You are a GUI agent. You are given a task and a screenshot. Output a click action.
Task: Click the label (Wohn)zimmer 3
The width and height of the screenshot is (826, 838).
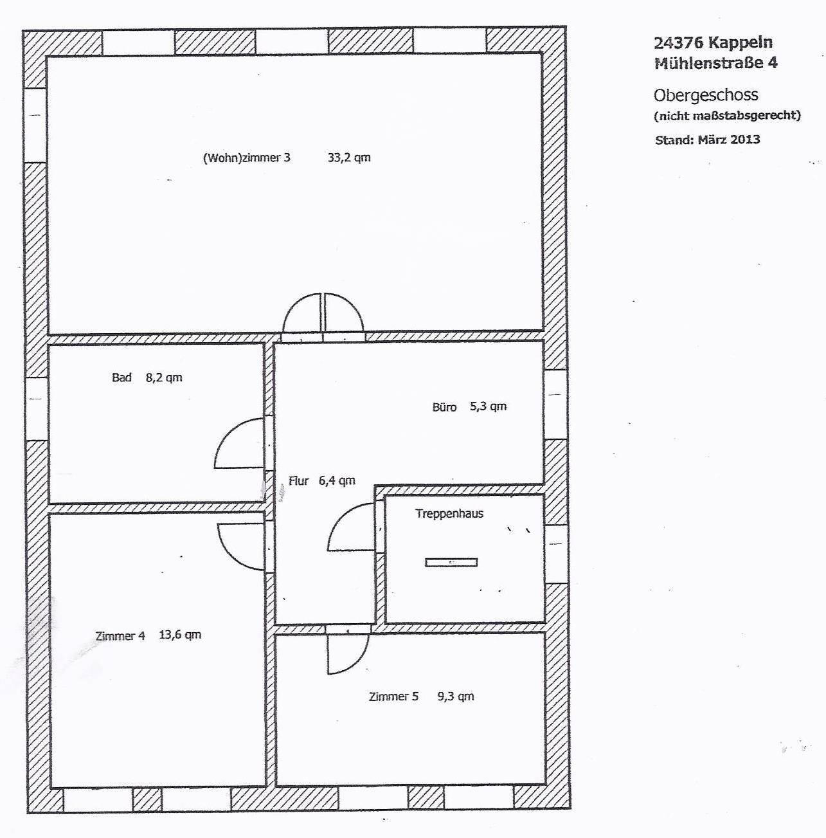click(246, 158)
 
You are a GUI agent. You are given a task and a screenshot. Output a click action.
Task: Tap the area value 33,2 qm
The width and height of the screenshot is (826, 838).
click(349, 158)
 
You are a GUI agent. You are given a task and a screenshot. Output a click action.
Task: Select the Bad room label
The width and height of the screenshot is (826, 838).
click(121, 377)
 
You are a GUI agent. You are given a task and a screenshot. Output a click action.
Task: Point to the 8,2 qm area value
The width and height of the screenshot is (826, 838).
click(164, 378)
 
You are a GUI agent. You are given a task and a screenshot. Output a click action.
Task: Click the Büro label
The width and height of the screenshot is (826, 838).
click(444, 407)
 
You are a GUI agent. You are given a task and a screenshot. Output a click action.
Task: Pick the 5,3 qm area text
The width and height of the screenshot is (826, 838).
click(489, 406)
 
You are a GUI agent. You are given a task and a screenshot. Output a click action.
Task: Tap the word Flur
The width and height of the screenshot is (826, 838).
click(299, 480)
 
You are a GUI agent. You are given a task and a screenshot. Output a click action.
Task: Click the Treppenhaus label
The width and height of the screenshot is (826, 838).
click(449, 513)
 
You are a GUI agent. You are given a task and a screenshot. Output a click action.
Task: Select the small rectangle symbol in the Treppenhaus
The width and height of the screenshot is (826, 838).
click(451, 562)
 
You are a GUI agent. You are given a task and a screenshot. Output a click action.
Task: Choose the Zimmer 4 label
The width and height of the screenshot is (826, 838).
click(120, 636)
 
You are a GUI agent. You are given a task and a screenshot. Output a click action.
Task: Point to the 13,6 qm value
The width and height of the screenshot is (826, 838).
click(180, 635)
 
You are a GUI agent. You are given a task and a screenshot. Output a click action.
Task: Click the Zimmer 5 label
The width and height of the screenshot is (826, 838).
click(393, 697)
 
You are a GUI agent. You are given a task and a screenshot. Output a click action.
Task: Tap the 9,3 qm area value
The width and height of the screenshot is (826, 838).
click(456, 696)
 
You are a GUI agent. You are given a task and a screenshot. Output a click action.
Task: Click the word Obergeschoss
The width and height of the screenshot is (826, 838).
click(706, 95)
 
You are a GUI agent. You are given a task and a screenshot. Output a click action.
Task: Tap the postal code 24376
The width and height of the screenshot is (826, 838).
click(678, 42)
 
